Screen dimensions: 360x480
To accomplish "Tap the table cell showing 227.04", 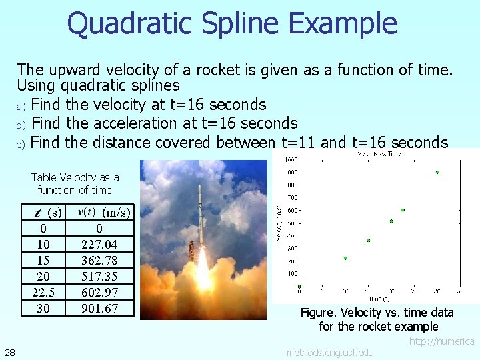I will click(99, 245).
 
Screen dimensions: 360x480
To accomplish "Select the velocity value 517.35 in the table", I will click(99, 277).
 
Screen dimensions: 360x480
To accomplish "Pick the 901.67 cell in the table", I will click(99, 309).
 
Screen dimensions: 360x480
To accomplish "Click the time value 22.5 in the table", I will click(43, 293).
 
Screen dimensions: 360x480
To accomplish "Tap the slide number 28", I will click(10, 352).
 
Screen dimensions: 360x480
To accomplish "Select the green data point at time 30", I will click(437, 172).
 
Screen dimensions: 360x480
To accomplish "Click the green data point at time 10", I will click(345, 258).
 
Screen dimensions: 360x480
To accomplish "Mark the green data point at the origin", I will click(299, 287).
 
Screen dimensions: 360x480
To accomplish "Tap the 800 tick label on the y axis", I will click(292, 185).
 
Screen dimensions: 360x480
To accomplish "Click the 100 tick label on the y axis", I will click(292, 273).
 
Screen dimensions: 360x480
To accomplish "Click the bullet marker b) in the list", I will click(21, 124).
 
